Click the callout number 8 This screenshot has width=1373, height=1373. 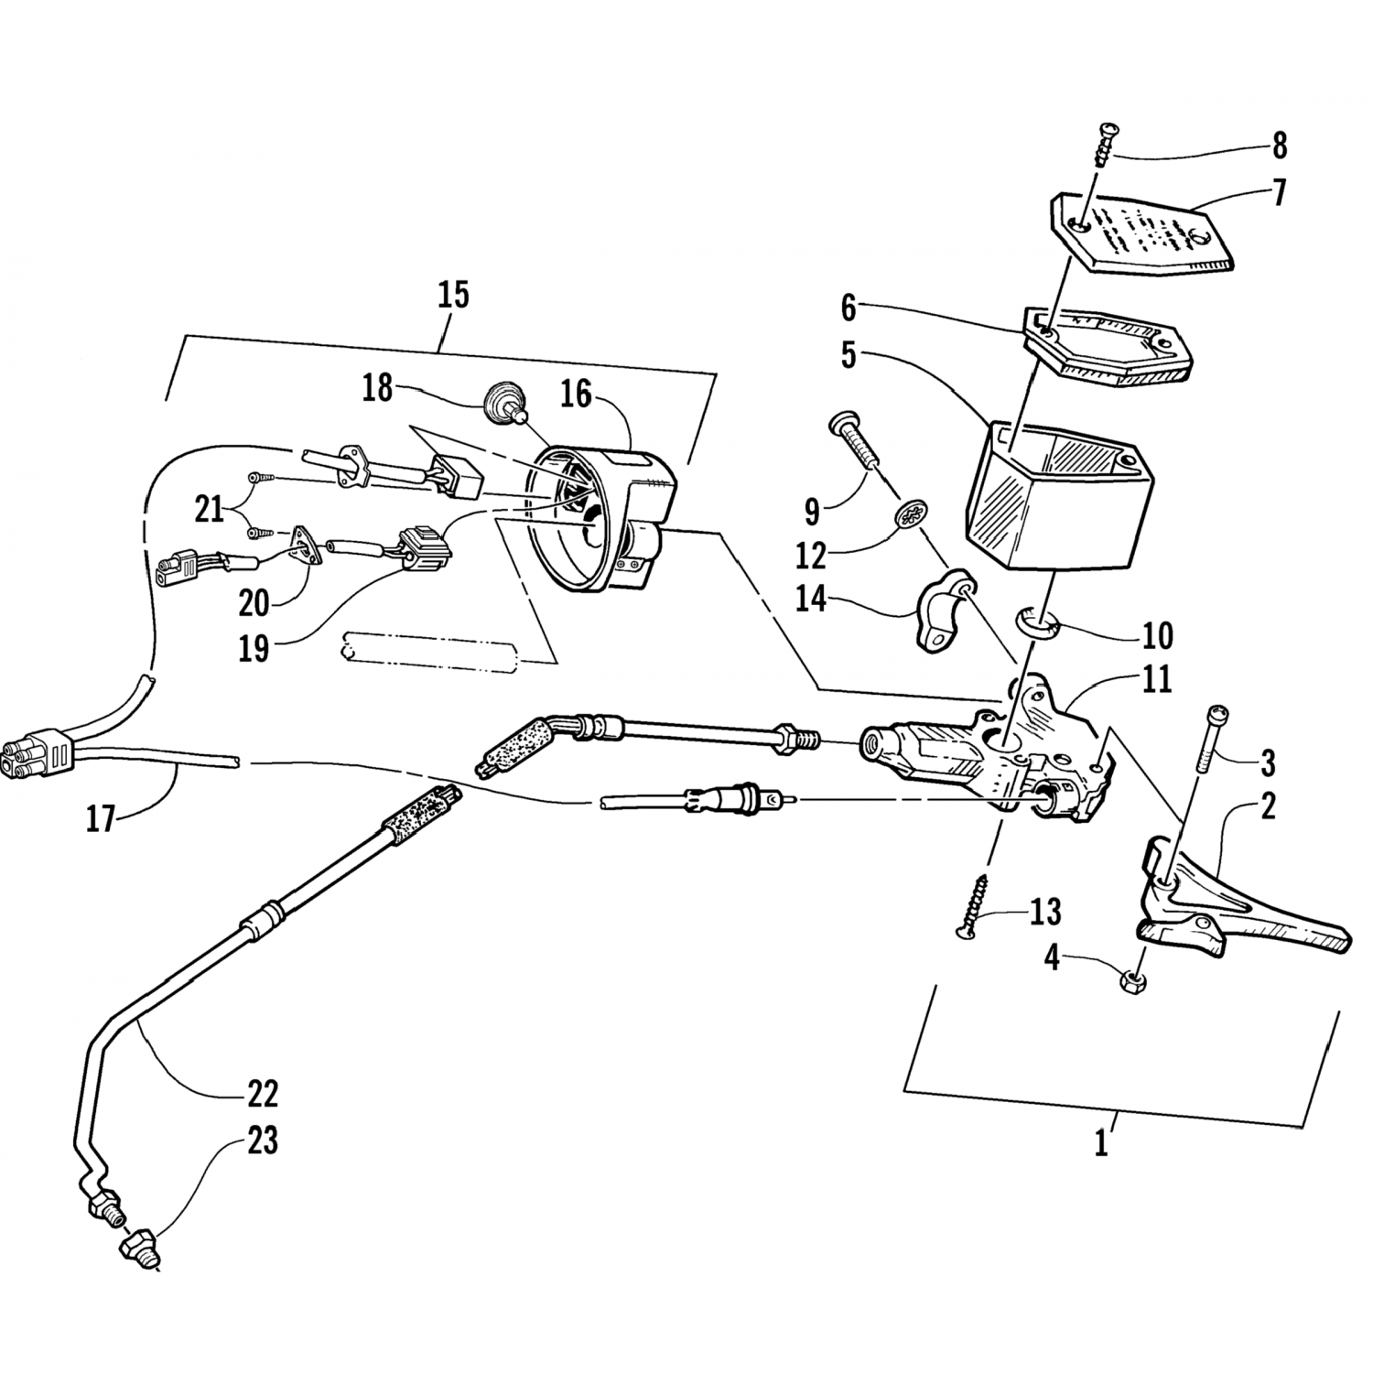click(1279, 146)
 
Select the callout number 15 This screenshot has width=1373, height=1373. click(453, 295)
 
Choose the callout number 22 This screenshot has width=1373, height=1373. click(263, 1093)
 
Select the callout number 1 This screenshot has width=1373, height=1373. click(1102, 1144)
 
